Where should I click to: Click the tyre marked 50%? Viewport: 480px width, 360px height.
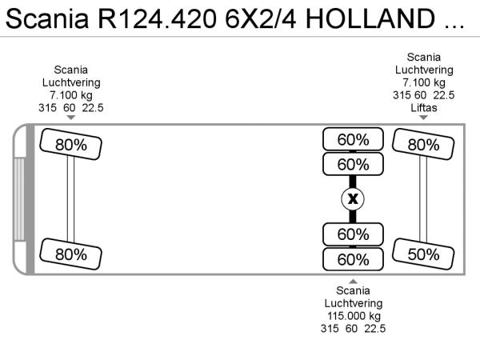pyautogui.click(x=423, y=254)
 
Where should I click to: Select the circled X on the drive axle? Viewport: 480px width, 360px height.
pyautogui.click(x=353, y=199)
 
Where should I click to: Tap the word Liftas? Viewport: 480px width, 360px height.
pyautogui.click(x=424, y=108)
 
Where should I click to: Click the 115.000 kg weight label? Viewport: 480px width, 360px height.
pyautogui.click(x=354, y=316)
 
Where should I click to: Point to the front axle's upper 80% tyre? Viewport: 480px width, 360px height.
pyautogui.click(x=70, y=144)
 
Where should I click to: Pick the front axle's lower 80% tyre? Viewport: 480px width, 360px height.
pyautogui.click(x=70, y=254)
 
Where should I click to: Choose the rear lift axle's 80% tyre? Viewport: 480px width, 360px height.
pyautogui.click(x=423, y=144)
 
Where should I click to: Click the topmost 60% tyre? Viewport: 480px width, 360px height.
pyautogui.click(x=353, y=139)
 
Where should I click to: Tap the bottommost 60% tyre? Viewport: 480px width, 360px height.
pyautogui.click(x=353, y=259)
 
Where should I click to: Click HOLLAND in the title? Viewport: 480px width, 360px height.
pyautogui.click(x=370, y=18)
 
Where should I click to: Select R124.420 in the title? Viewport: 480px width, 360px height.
pyautogui.click(x=157, y=18)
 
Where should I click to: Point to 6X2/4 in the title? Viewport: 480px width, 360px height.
pyautogui.click(x=261, y=18)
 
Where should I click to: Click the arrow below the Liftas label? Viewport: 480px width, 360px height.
pyautogui.click(x=423, y=118)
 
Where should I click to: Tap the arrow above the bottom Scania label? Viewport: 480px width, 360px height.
pyautogui.click(x=353, y=282)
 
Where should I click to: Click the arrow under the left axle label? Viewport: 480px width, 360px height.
pyautogui.click(x=71, y=118)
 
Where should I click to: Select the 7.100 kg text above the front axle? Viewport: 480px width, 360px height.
pyautogui.click(x=71, y=95)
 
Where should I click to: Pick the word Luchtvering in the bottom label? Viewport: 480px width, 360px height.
pyautogui.click(x=354, y=303)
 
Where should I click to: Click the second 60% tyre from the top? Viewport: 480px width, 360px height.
pyautogui.click(x=353, y=164)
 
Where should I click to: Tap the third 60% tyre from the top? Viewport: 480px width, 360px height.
pyautogui.click(x=353, y=234)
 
